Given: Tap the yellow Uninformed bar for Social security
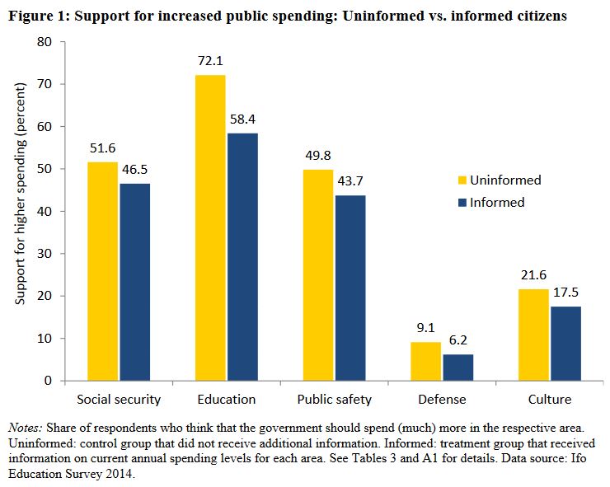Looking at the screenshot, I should [x=103, y=271].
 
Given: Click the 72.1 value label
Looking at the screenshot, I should [x=209, y=62].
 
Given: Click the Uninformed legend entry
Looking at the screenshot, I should [x=500, y=180].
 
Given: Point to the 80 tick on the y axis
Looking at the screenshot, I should [x=45, y=42].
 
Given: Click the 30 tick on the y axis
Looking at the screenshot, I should [x=45, y=253].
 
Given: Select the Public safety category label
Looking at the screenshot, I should [x=334, y=400].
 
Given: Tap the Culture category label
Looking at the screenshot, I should [x=550, y=400].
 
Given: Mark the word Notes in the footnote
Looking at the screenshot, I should [x=26, y=428].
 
